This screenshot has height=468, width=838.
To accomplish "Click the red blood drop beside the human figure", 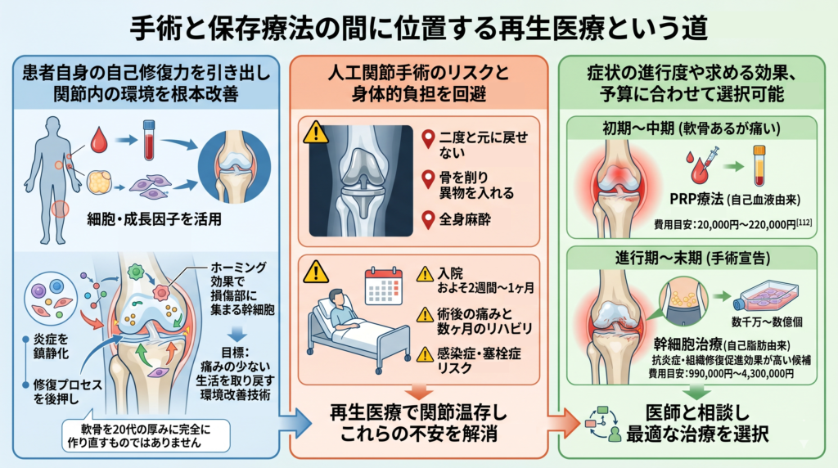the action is pyautogui.click(x=99, y=140).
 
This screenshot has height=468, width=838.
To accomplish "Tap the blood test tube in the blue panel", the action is pyautogui.click(x=149, y=140).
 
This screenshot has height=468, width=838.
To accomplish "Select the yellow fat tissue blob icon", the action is pyautogui.click(x=99, y=182).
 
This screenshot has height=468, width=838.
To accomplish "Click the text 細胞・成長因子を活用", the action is pyautogui.click(x=155, y=219).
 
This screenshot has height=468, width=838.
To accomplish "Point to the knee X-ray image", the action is pyautogui.click(x=361, y=181).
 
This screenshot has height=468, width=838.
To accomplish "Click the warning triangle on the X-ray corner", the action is pyautogui.click(x=316, y=133).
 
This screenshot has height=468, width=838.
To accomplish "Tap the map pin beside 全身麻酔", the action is pyautogui.click(x=427, y=219).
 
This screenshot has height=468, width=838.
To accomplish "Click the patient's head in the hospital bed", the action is pyautogui.click(x=336, y=298).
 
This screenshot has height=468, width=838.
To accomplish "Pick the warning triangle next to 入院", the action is pyautogui.click(x=425, y=275).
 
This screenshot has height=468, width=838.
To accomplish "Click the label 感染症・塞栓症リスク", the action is pyautogui.click(x=479, y=360).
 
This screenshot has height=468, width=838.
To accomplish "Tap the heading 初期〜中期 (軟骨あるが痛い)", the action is pyautogui.click(x=692, y=128).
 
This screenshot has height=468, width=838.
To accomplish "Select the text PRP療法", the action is pyautogui.click(x=696, y=200).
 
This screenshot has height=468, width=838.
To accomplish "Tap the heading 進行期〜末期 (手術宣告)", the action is pyautogui.click(x=692, y=259).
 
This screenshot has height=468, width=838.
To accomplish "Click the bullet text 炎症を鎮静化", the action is pyautogui.click(x=51, y=346).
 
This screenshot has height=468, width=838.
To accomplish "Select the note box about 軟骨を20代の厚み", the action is pyautogui.click(x=146, y=436).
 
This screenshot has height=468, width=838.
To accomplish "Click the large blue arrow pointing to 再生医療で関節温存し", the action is pyautogui.click(x=295, y=422).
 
